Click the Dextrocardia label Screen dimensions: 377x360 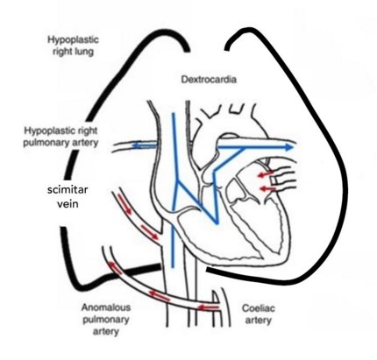[x=209, y=80]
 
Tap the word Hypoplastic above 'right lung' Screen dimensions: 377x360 [x=73, y=40]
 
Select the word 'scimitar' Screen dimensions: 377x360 [x=68, y=190]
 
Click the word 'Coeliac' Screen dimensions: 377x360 [x=259, y=308]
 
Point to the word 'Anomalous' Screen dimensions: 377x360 [x=106, y=307]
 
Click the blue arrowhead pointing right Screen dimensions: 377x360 [x=288, y=147]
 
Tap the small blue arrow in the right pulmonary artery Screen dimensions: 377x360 [x=144, y=145]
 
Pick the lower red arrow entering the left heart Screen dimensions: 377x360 [x=267, y=189]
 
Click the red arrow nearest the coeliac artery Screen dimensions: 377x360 [x=209, y=307]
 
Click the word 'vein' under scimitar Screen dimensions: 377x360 [x=68, y=203]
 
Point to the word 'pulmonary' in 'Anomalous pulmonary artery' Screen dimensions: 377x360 [x=106, y=320]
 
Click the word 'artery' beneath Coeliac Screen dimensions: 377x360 [x=259, y=321]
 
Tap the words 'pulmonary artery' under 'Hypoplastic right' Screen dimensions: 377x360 [x=60, y=143]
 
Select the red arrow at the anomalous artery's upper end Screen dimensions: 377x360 [x=115, y=268]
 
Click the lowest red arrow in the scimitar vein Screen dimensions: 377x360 [x=150, y=232]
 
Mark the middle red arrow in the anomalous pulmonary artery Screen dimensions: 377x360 [x=159, y=295]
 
